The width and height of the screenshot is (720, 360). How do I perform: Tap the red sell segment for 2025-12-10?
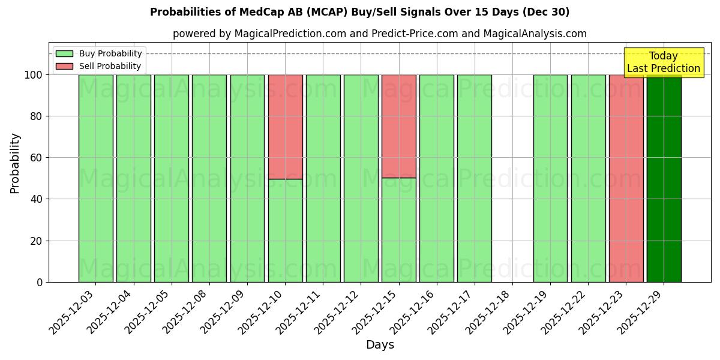(x=285, y=127)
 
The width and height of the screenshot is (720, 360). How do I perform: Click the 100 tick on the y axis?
(x=33, y=75)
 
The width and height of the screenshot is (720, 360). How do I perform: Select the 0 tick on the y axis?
(x=40, y=282)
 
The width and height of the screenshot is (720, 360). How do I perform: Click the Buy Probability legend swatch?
(x=64, y=54)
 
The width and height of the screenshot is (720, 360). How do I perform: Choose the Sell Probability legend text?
(x=110, y=66)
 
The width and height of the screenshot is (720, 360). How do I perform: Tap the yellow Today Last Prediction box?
(x=664, y=62)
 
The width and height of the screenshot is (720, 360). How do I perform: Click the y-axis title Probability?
(x=15, y=163)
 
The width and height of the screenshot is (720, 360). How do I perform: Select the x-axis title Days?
(x=380, y=345)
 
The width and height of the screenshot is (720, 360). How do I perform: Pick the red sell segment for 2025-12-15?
(x=398, y=126)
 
